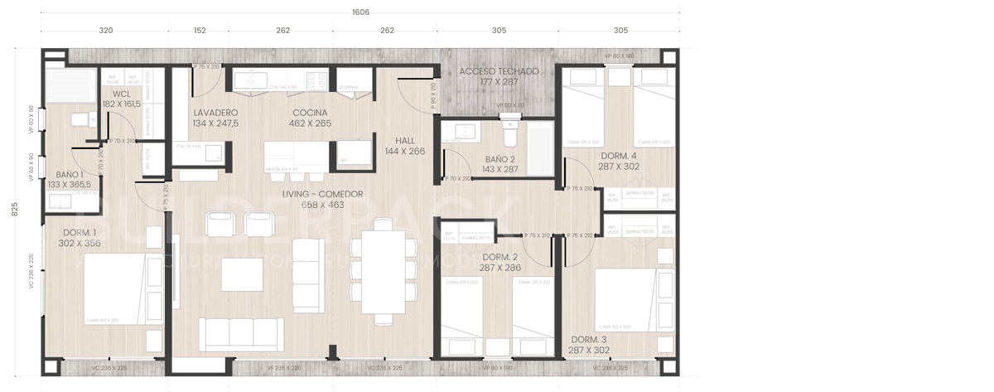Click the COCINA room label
310,113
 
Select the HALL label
405,141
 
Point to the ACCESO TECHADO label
499,72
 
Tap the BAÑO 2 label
499,159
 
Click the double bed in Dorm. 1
116,288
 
